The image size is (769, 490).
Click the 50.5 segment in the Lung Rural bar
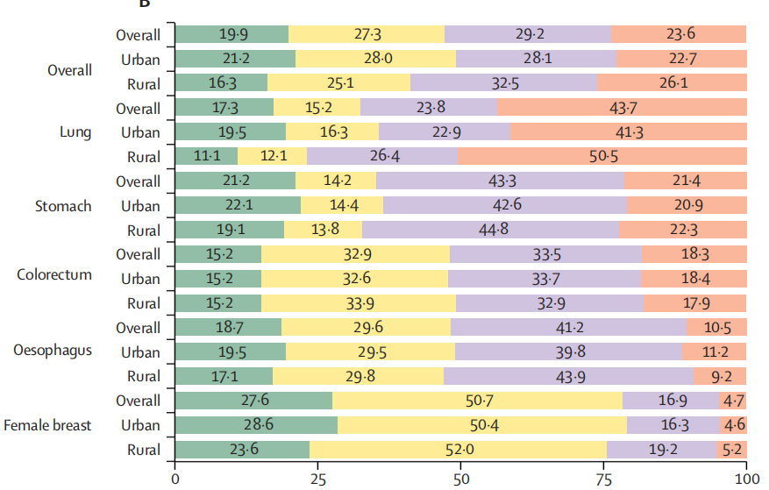602,157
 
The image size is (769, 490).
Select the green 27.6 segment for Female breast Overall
253,401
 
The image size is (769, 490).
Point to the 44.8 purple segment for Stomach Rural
490,231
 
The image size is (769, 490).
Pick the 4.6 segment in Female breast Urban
733,425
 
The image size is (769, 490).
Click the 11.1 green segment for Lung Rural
206,157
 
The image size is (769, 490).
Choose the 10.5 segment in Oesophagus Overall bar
716,328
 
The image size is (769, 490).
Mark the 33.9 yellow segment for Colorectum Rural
358,303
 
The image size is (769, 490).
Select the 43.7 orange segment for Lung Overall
622,108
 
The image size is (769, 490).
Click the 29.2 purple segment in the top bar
527,35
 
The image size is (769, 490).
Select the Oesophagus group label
53,351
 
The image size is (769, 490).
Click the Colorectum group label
54,274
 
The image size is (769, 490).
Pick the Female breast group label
47,425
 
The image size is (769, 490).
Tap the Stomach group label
63,206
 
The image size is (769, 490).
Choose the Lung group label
75,132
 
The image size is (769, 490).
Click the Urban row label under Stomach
140,206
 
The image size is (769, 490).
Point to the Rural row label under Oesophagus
142,376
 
